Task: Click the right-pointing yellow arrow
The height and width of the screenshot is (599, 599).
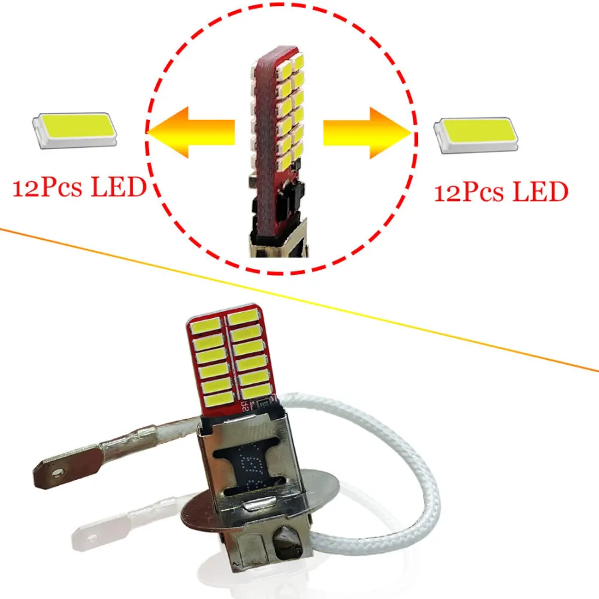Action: pyautogui.click(x=367, y=132)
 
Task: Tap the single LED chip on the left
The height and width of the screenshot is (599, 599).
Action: pyautogui.click(x=75, y=130)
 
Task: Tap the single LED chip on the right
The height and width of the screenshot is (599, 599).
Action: pyautogui.click(x=476, y=135)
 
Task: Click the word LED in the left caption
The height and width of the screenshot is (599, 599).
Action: pyautogui.click(x=119, y=187)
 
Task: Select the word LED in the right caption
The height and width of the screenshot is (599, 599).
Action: pyautogui.click(x=540, y=192)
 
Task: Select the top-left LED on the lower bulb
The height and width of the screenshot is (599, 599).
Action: pyautogui.click(x=206, y=326)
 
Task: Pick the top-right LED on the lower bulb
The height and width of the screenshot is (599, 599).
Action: pyautogui.click(x=243, y=317)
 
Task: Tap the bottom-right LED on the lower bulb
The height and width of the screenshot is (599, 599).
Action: pyautogui.click(x=256, y=391)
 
